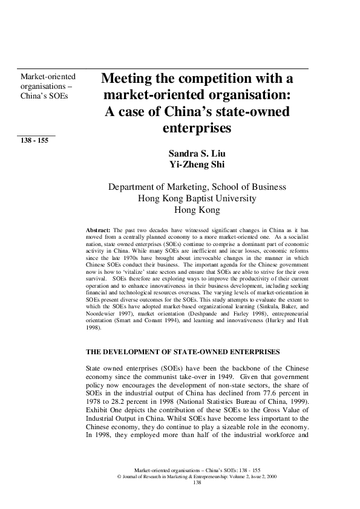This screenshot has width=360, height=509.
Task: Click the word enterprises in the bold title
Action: point(197,128)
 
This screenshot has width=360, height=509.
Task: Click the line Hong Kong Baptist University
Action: point(197,198)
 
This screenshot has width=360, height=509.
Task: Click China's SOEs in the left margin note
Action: point(44,96)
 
